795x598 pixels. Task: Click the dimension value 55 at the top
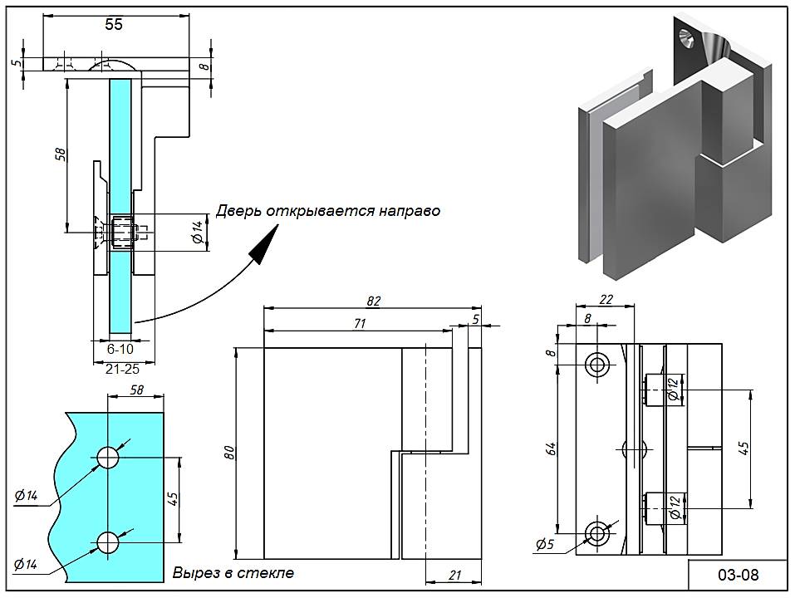pyautogui.click(x=114, y=24)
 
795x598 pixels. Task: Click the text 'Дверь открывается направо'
pyautogui.click(x=328, y=211)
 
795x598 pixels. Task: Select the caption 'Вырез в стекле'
pyautogui.click(x=233, y=573)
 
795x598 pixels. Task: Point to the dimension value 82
pyautogui.click(x=372, y=301)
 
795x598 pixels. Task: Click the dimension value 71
pyautogui.click(x=359, y=324)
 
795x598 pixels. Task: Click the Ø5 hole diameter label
pyautogui.click(x=545, y=545)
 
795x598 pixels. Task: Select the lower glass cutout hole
pyautogui.click(x=109, y=542)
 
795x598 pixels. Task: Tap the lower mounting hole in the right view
pyautogui.click(x=596, y=532)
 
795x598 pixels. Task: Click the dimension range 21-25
pyautogui.click(x=122, y=369)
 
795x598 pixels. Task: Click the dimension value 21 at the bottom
pyautogui.click(x=454, y=575)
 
